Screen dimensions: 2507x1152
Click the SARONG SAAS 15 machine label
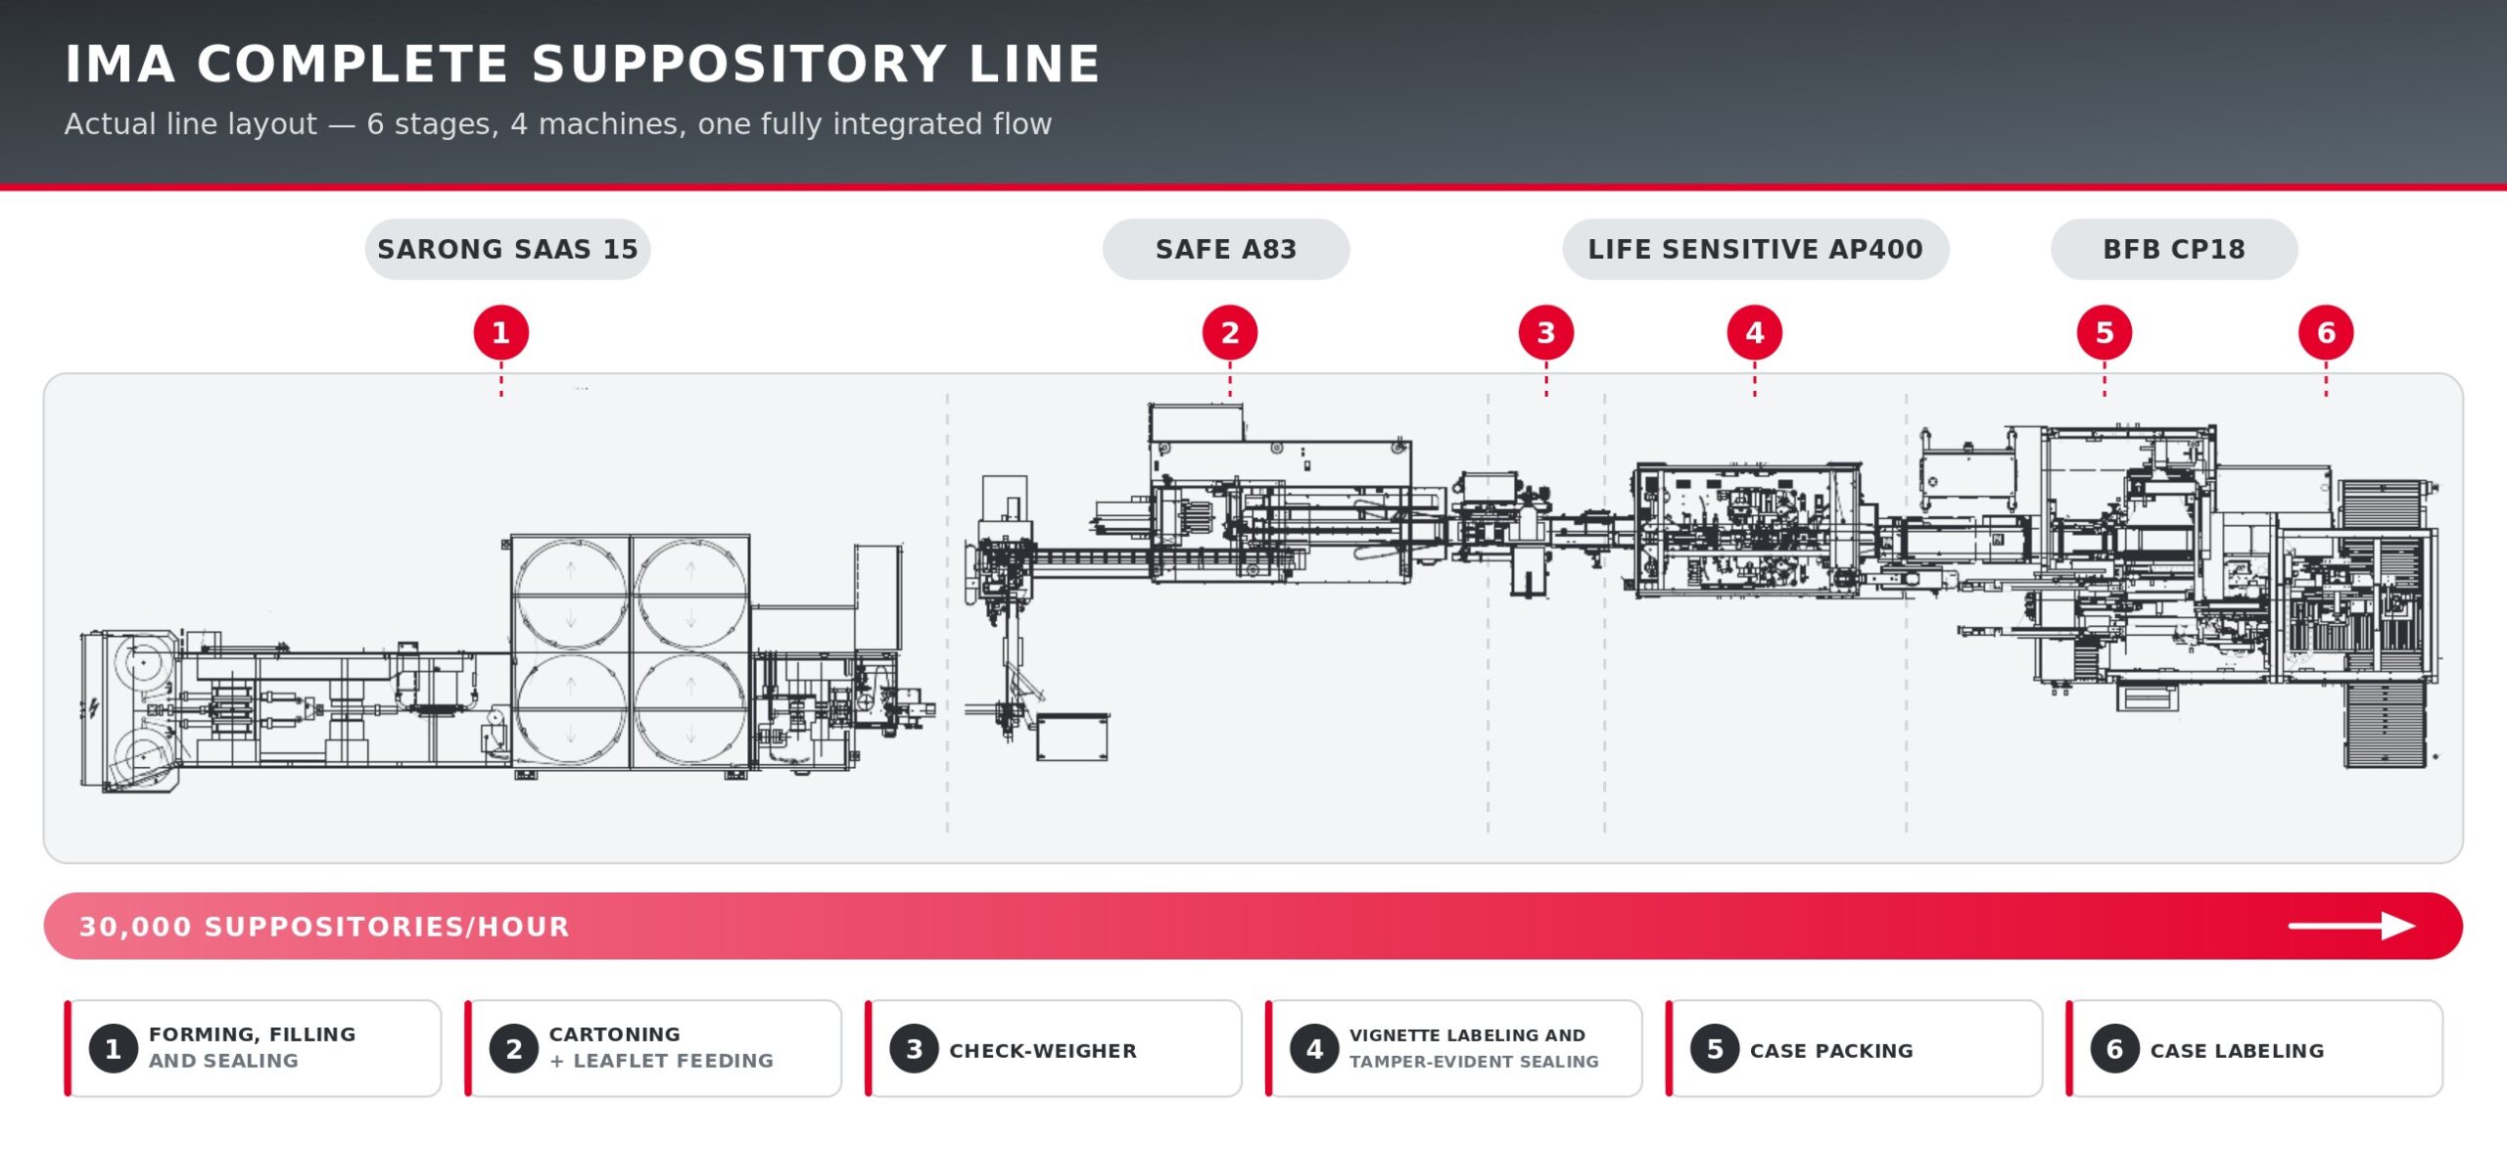pyautogui.click(x=507, y=249)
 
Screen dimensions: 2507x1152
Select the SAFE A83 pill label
pyautogui.click(x=1226, y=249)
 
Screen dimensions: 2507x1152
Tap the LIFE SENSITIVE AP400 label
pyautogui.click(x=1755, y=249)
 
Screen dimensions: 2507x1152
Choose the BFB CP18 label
pyautogui.click(x=2174, y=249)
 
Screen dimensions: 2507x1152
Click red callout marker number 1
pyautogui.click(x=501, y=333)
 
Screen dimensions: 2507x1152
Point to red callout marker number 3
pyautogui.click(x=1546, y=333)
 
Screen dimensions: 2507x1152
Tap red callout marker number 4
pyautogui.click(x=1755, y=333)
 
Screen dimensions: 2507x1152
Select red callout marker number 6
pyautogui.click(x=2326, y=333)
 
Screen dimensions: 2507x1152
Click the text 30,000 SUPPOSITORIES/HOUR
pyautogui.click(x=324, y=927)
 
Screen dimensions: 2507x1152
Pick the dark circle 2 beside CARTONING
pyautogui.click(x=514, y=1049)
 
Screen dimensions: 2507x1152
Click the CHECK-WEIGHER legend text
pyautogui.click(x=1043, y=1051)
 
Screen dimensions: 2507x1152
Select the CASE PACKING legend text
pyautogui.click(x=1831, y=1051)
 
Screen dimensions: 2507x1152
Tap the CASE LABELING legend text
pyautogui.click(x=2237, y=1051)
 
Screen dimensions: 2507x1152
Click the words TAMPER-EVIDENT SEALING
pyautogui.click(x=1474, y=1062)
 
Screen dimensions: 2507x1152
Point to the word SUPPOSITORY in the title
pyautogui.click(x=739, y=65)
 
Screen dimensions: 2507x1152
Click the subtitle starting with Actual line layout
pyautogui.click(x=558, y=124)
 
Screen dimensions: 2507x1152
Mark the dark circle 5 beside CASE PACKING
pyautogui.click(x=1715, y=1049)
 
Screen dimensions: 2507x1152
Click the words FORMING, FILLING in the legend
pyautogui.click(x=253, y=1034)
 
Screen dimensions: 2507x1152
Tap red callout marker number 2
pyautogui.click(x=1230, y=333)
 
